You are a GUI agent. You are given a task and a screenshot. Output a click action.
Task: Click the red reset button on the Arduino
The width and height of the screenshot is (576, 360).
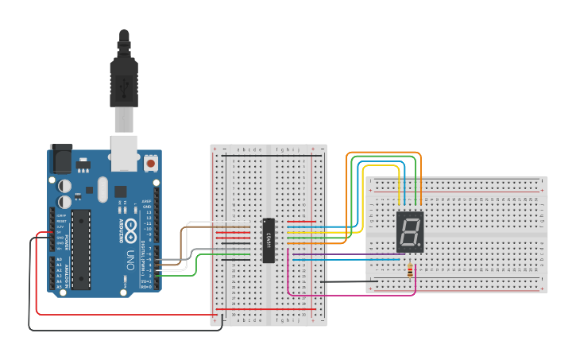pyautogui.click(x=151, y=163)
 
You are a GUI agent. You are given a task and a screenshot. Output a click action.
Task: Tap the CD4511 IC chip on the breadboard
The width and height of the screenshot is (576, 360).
pyautogui.click(x=269, y=239)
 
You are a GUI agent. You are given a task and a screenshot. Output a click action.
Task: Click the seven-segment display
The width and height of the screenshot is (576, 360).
pyautogui.click(x=410, y=231)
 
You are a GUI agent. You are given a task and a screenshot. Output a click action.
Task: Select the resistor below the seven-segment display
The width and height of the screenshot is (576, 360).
pyautogui.click(x=410, y=271)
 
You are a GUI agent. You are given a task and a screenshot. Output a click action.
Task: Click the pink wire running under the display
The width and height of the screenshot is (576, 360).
pyautogui.click(x=350, y=296)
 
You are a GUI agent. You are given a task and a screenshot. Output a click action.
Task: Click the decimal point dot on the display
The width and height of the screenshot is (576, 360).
pyautogui.click(x=419, y=244)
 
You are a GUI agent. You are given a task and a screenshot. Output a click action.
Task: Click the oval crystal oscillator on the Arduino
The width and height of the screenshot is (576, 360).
pyautogui.click(x=102, y=189)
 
